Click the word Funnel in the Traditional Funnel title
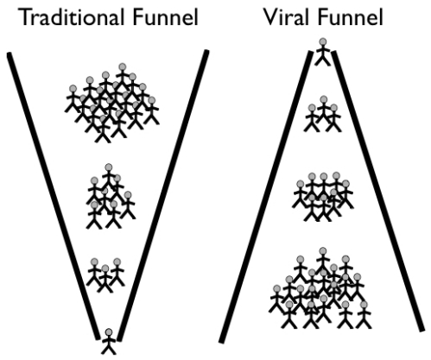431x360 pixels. click(x=166, y=17)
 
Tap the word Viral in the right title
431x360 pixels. click(x=288, y=17)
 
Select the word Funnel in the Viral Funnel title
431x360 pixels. click(x=350, y=17)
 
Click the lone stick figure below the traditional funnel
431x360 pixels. click(x=109, y=342)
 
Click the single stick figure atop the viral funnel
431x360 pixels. click(x=323, y=52)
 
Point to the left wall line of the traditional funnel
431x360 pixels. click(x=54, y=196)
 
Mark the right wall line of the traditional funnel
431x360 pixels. click(x=163, y=196)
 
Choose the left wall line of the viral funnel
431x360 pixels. click(x=266, y=197)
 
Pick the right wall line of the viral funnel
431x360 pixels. click(x=378, y=192)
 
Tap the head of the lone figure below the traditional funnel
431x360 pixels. click(x=109, y=332)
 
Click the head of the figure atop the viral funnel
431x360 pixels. click(x=323, y=42)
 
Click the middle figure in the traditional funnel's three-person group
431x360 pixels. click(x=105, y=279)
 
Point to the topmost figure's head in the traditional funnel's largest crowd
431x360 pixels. click(x=123, y=67)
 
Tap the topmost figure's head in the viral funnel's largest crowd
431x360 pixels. click(x=323, y=251)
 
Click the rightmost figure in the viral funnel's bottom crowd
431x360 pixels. click(x=364, y=315)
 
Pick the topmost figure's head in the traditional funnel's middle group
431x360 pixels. click(x=109, y=167)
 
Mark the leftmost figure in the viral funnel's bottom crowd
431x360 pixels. click(x=277, y=300)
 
